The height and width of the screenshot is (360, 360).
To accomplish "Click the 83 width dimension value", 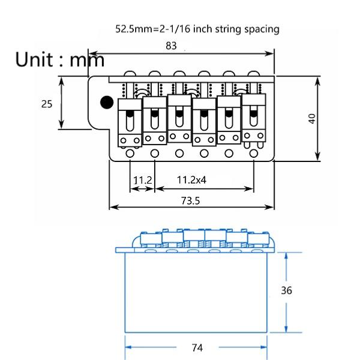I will [x=170, y=45].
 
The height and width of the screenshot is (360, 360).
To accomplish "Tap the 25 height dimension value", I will [x=46, y=103].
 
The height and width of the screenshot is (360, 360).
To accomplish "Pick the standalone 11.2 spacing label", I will [x=143, y=179].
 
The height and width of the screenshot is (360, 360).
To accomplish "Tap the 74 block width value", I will [x=196, y=347].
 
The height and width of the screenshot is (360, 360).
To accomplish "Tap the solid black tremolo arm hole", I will [x=106, y=102].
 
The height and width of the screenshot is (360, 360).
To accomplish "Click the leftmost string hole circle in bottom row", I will [x=130, y=154].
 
